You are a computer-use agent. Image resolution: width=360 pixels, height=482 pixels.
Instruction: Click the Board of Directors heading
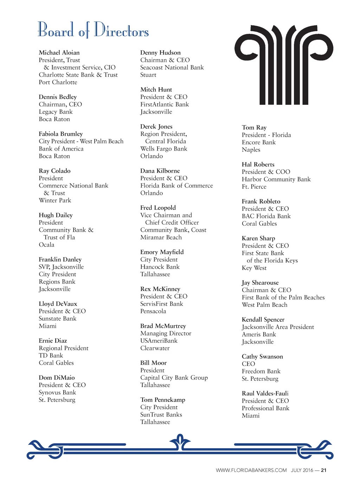[x=93, y=30]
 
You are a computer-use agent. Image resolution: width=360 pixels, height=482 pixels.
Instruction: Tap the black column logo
[x=284, y=65]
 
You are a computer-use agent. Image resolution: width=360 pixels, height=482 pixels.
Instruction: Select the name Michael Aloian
[x=59, y=53]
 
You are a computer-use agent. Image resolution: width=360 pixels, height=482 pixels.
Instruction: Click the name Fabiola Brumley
[x=61, y=134]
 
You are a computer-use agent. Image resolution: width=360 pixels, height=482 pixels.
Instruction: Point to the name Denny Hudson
[x=160, y=53]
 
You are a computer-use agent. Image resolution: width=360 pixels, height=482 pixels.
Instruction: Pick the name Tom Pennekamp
[x=162, y=400]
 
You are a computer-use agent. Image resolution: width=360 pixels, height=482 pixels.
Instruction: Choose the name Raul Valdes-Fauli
[x=265, y=394]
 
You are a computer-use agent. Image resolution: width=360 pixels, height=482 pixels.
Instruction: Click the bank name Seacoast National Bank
[x=172, y=68]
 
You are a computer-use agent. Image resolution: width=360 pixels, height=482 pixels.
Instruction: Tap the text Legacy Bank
[x=56, y=112]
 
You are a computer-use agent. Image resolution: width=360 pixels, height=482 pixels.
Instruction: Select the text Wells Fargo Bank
[x=163, y=149]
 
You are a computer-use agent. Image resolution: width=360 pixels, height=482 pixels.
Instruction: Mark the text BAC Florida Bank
[x=266, y=216]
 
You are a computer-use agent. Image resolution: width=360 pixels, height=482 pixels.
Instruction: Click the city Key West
[x=254, y=268]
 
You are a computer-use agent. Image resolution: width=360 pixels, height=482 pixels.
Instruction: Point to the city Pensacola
[x=153, y=311]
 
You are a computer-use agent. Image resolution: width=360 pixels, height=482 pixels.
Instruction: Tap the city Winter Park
[x=55, y=201]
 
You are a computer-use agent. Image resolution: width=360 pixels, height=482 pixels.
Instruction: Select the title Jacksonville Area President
[x=278, y=327]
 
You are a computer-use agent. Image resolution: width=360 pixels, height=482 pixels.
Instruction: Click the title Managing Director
[x=166, y=334]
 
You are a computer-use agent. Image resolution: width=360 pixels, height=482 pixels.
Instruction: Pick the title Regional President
[x=64, y=348]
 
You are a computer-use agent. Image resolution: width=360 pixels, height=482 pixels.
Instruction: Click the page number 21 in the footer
[x=324, y=470]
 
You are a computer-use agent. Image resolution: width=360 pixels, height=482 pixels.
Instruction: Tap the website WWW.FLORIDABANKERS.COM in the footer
[x=251, y=470]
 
